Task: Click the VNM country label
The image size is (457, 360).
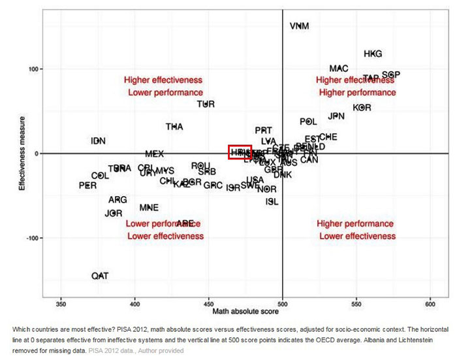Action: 299,27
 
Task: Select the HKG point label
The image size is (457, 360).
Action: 373,54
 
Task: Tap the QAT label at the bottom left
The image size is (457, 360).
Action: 100,276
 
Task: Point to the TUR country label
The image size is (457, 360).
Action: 206,105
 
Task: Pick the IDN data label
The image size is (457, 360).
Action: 98,141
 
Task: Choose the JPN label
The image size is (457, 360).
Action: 336,116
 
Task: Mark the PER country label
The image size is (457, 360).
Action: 87,186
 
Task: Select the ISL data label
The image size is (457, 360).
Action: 272,202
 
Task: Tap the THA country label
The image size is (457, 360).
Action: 174,127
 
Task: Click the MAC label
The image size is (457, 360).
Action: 339,69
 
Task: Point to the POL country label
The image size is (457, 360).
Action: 308,122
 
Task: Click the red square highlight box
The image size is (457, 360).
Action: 240,152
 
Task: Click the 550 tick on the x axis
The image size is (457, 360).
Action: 356,304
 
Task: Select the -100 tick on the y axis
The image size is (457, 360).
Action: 31,238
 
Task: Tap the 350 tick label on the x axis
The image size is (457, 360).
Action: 61,304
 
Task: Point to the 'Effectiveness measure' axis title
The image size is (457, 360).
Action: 22,154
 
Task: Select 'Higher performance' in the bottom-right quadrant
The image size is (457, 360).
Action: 356,223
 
